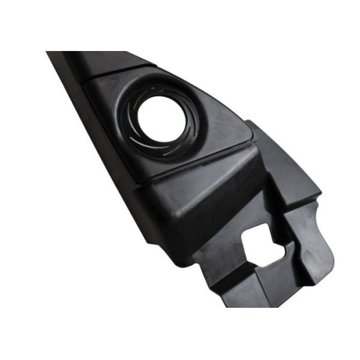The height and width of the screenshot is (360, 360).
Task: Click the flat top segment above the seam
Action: pyautogui.click(x=108, y=64)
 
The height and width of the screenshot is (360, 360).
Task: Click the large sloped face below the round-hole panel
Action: pyautogui.click(x=198, y=198)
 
